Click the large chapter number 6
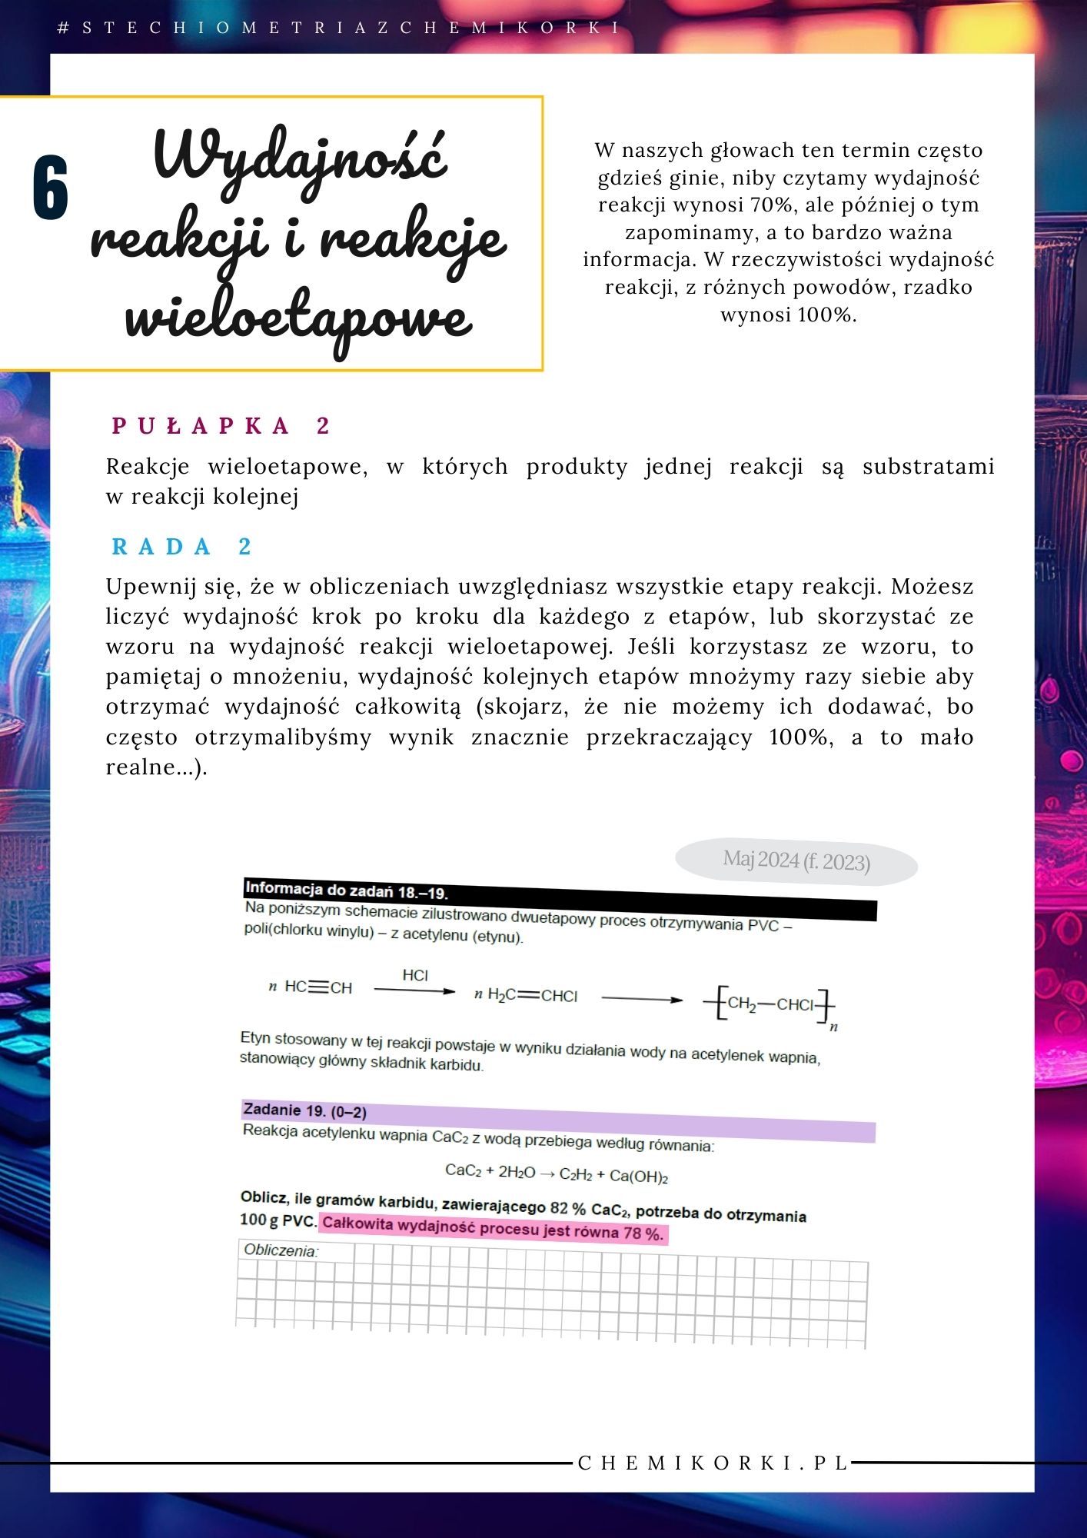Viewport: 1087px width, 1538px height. click(x=51, y=187)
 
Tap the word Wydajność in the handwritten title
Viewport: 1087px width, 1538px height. click(x=300, y=158)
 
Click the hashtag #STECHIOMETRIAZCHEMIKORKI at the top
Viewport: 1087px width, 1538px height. click(x=339, y=28)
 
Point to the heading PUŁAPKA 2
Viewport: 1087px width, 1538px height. click(x=221, y=426)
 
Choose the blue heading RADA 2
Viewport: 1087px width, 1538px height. click(x=182, y=547)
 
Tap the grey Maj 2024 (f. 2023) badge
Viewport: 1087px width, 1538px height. click(x=796, y=861)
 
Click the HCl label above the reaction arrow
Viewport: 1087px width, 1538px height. click(x=415, y=975)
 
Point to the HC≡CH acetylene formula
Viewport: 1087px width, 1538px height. click(x=317, y=987)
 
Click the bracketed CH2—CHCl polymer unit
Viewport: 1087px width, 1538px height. click(x=770, y=1004)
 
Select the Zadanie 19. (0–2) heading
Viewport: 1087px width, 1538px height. click(x=304, y=1111)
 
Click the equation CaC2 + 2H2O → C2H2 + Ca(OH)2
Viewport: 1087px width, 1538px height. click(x=556, y=1173)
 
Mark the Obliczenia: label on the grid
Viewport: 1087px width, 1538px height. click(x=280, y=1250)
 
